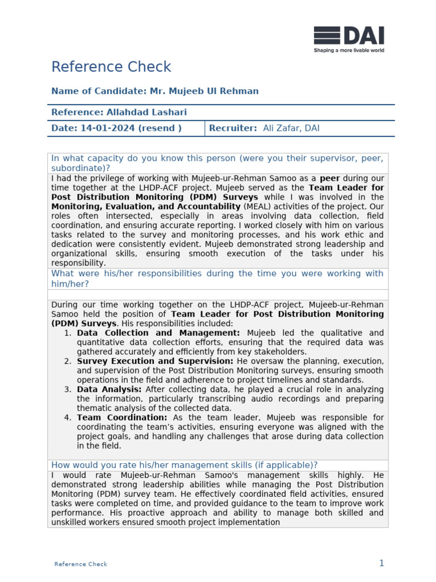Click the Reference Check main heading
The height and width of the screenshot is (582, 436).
(111, 67)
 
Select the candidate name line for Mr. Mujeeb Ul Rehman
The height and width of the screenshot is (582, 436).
(154, 91)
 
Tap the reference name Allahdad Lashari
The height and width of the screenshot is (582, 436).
(119, 113)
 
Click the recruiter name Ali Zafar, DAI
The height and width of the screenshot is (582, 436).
(291, 128)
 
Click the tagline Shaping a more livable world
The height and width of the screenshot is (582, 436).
(349, 51)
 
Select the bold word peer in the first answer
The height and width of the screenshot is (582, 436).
(330, 178)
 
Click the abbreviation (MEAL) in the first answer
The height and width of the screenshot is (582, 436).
(257, 207)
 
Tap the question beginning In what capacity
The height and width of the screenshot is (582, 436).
(218, 163)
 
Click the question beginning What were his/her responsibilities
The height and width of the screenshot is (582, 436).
(218, 278)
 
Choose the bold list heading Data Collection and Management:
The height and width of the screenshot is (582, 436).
(158, 333)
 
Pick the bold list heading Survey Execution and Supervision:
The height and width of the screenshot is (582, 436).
(155, 361)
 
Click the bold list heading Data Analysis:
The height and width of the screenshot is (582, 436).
(109, 389)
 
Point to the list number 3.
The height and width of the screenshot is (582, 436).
(68, 389)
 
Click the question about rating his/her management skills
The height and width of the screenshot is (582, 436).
(185, 465)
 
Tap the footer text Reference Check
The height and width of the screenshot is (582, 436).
(81, 564)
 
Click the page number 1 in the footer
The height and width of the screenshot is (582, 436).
(381, 563)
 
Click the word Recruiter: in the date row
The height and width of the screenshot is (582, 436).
(233, 128)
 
